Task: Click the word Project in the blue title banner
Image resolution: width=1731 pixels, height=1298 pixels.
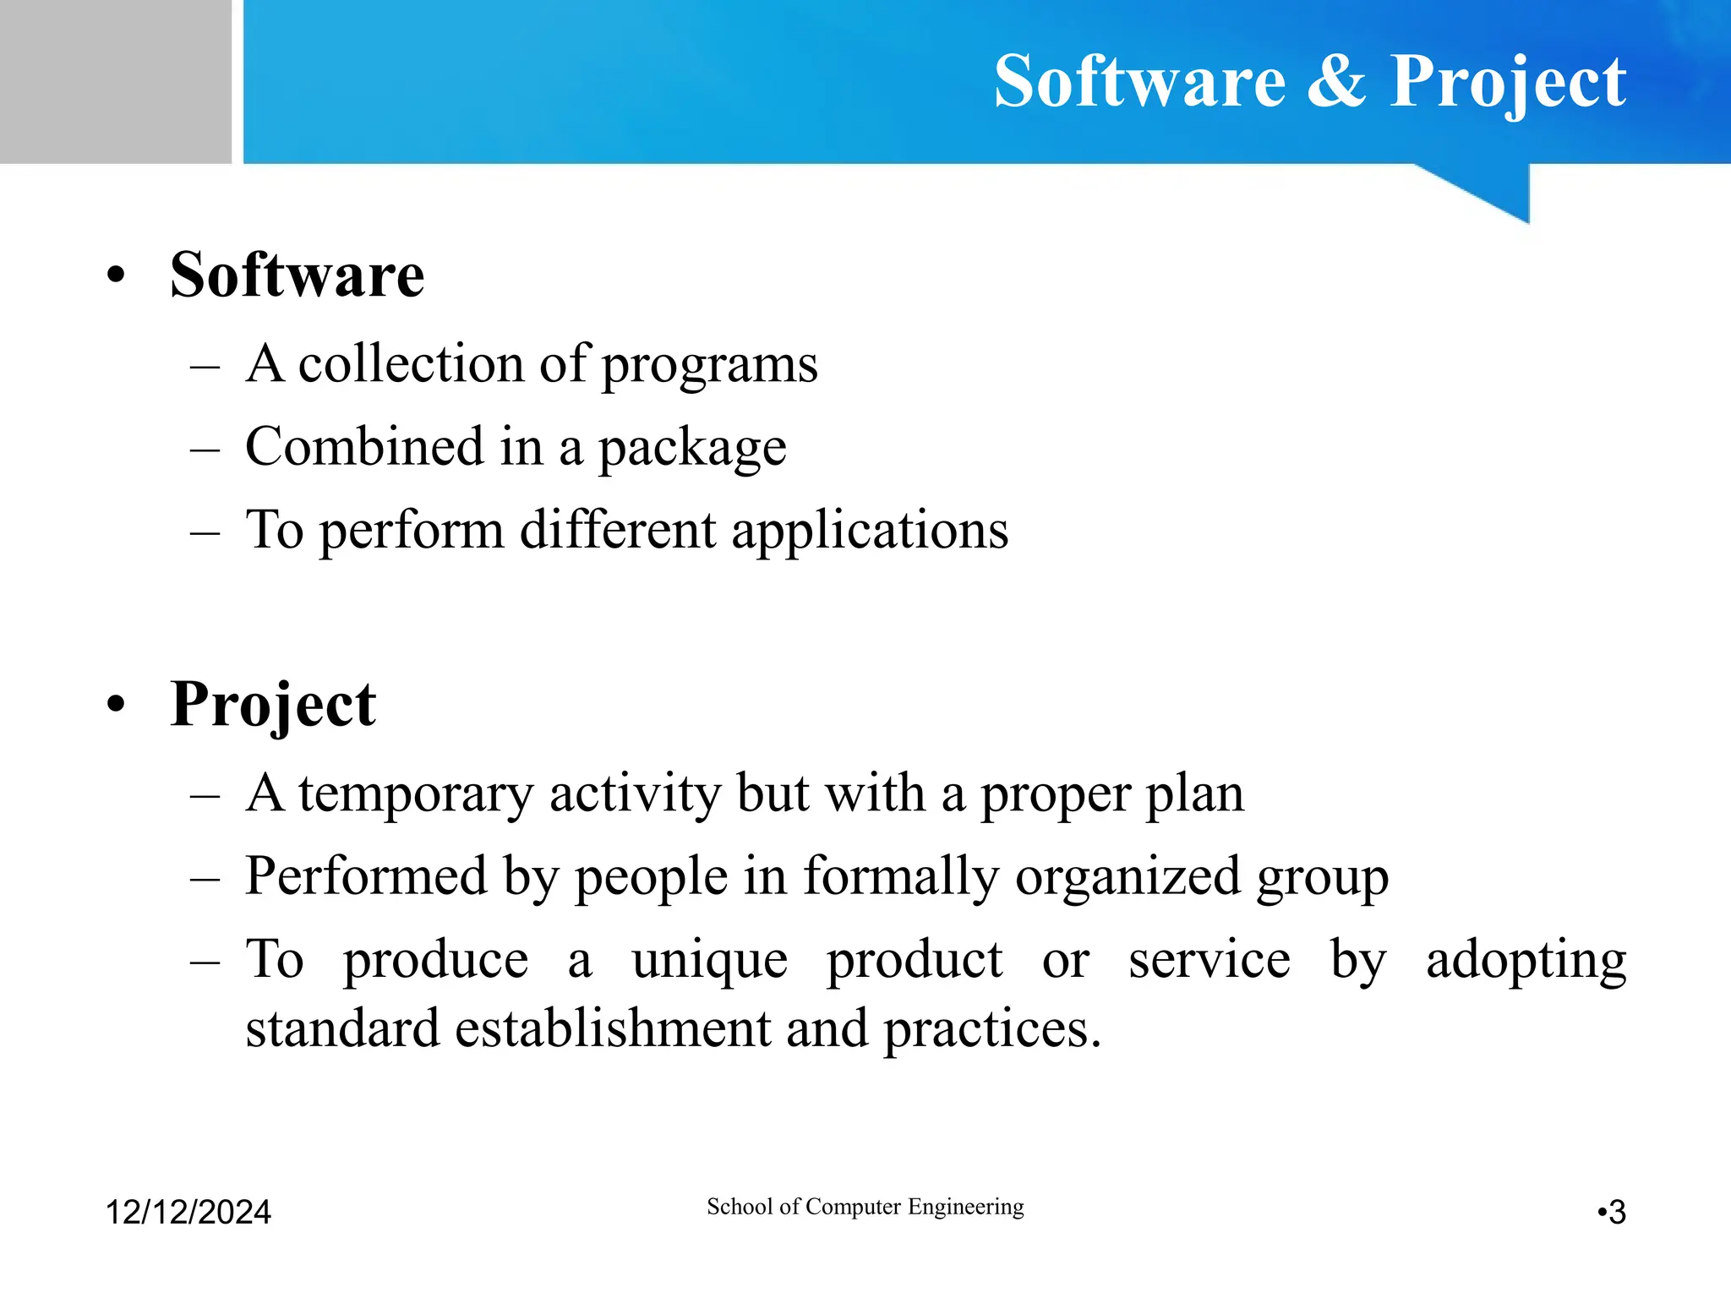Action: pyautogui.click(x=1507, y=83)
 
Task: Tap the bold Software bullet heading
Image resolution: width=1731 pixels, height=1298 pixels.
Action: pyautogui.click(x=297, y=275)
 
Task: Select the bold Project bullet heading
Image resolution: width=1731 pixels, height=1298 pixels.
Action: pyautogui.click(x=272, y=705)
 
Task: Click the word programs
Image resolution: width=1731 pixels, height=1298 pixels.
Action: pyautogui.click(x=709, y=366)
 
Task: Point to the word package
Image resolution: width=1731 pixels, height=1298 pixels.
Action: pyautogui.click(x=692, y=449)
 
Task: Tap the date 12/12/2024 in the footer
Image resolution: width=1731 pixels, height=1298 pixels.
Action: pyautogui.click(x=188, y=1212)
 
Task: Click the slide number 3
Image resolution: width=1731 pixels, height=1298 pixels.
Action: pyautogui.click(x=1616, y=1213)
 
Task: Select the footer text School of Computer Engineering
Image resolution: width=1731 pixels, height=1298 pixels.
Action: pyautogui.click(x=865, y=1207)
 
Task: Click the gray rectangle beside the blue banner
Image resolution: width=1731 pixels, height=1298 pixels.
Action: pyautogui.click(x=115, y=81)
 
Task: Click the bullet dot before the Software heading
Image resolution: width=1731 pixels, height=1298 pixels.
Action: pyautogui.click(x=116, y=275)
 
